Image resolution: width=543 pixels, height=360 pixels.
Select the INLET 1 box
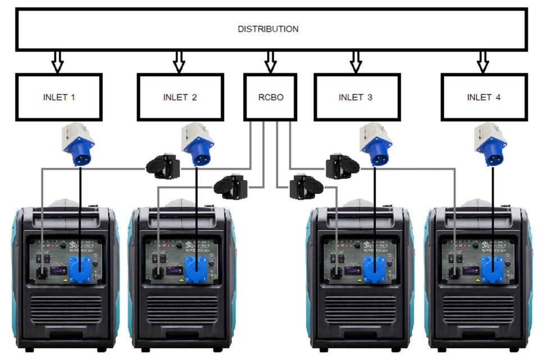pos(59,97)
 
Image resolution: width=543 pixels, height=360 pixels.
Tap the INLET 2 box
pos(180,97)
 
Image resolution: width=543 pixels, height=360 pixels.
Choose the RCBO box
pos(270,97)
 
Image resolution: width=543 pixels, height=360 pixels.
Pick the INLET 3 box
pos(355,97)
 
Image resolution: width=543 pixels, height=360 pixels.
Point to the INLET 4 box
pos(483,97)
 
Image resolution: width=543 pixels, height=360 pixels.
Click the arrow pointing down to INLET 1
pos(57,61)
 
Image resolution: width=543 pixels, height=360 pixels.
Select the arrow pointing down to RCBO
pos(270,61)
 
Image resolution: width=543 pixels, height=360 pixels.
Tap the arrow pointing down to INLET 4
pos(482,61)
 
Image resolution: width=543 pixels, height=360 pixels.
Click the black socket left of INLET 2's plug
pos(163,166)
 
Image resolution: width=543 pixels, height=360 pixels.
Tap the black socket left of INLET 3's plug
pos(340,166)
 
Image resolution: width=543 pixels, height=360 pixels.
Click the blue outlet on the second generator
pos(195,268)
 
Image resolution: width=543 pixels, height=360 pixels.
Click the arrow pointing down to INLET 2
pos(179,61)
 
